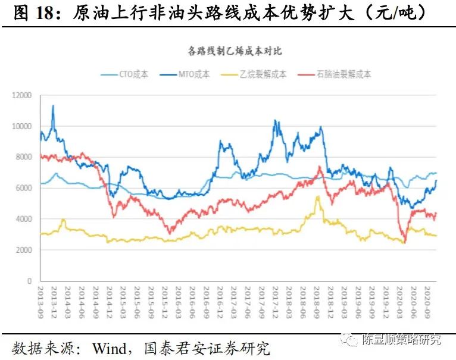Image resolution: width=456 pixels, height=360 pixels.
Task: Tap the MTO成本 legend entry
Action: pyautogui.click(x=194, y=74)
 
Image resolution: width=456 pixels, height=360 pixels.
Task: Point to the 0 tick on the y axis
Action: pyautogui.click(x=30, y=281)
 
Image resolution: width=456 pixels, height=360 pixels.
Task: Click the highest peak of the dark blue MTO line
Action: pyautogui.click(x=53, y=106)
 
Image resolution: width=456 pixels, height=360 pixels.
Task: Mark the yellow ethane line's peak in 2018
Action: pyautogui.click(x=317, y=197)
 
